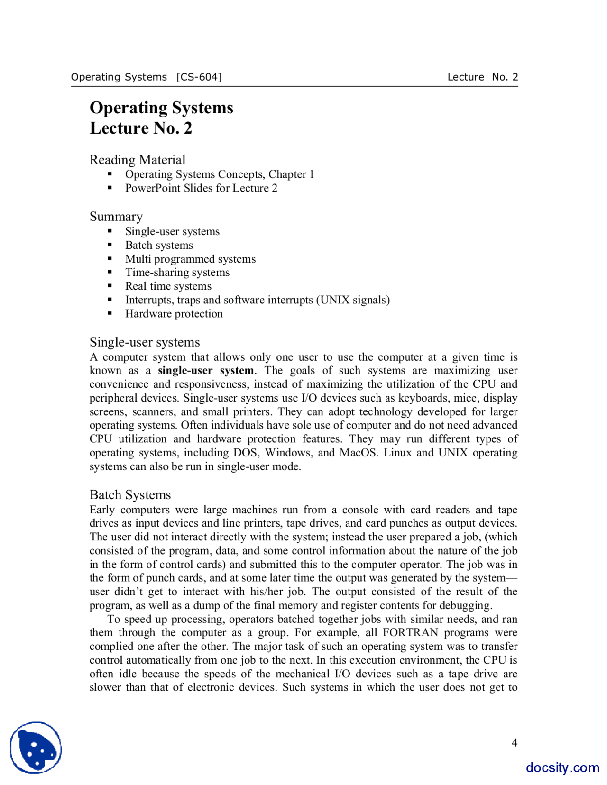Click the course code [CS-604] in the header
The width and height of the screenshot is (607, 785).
(199, 77)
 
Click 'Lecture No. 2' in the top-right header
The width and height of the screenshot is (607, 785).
(482, 77)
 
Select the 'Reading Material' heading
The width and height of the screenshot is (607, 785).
(137, 160)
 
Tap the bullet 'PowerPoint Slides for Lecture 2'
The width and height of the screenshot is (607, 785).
(201, 188)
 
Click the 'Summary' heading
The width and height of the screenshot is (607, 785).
(116, 217)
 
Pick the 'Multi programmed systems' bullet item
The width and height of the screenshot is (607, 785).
(190, 259)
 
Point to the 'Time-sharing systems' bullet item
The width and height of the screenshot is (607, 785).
(177, 273)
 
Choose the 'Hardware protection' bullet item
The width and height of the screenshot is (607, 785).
(174, 314)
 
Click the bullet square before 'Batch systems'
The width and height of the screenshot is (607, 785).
(110, 245)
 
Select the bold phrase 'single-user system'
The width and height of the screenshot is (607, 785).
(205, 371)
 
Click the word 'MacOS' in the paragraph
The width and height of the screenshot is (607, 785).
(358, 453)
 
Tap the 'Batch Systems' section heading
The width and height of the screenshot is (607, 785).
(130, 495)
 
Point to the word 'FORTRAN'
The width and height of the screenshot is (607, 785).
(410, 633)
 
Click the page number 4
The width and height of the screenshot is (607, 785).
(514, 743)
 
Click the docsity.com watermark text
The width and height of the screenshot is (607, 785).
(562, 767)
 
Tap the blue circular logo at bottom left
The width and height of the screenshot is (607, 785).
(36, 748)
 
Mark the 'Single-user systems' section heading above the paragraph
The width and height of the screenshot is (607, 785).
(144, 342)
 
